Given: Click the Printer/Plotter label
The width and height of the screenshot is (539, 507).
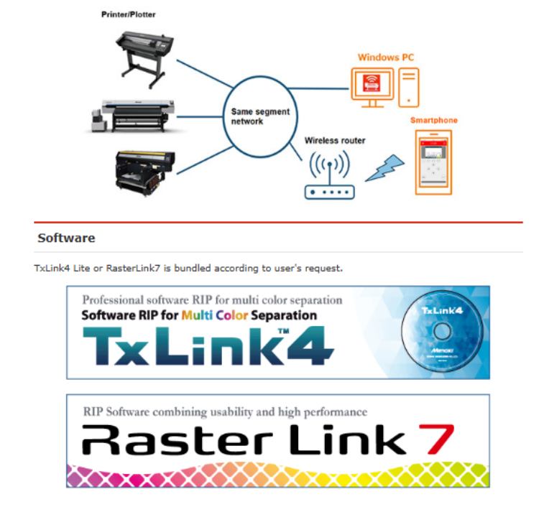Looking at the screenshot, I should click(128, 14).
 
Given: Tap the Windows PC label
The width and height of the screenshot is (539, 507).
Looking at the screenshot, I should click(385, 57).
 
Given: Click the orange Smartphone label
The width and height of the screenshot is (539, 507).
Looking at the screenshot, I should click(433, 120).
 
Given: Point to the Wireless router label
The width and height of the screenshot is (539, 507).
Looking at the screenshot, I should click(335, 141).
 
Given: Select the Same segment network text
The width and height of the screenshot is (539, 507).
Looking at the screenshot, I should click(260, 116).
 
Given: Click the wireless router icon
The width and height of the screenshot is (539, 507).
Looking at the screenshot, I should click(329, 177).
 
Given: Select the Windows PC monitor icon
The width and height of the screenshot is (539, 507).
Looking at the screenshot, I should click(372, 85).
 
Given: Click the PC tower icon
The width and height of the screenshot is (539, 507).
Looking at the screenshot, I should click(410, 85).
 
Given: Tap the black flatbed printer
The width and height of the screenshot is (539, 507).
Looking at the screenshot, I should click(144, 169).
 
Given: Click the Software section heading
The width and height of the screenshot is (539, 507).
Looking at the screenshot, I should click(66, 238).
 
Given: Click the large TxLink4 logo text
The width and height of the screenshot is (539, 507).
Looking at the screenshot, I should click(208, 346).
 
